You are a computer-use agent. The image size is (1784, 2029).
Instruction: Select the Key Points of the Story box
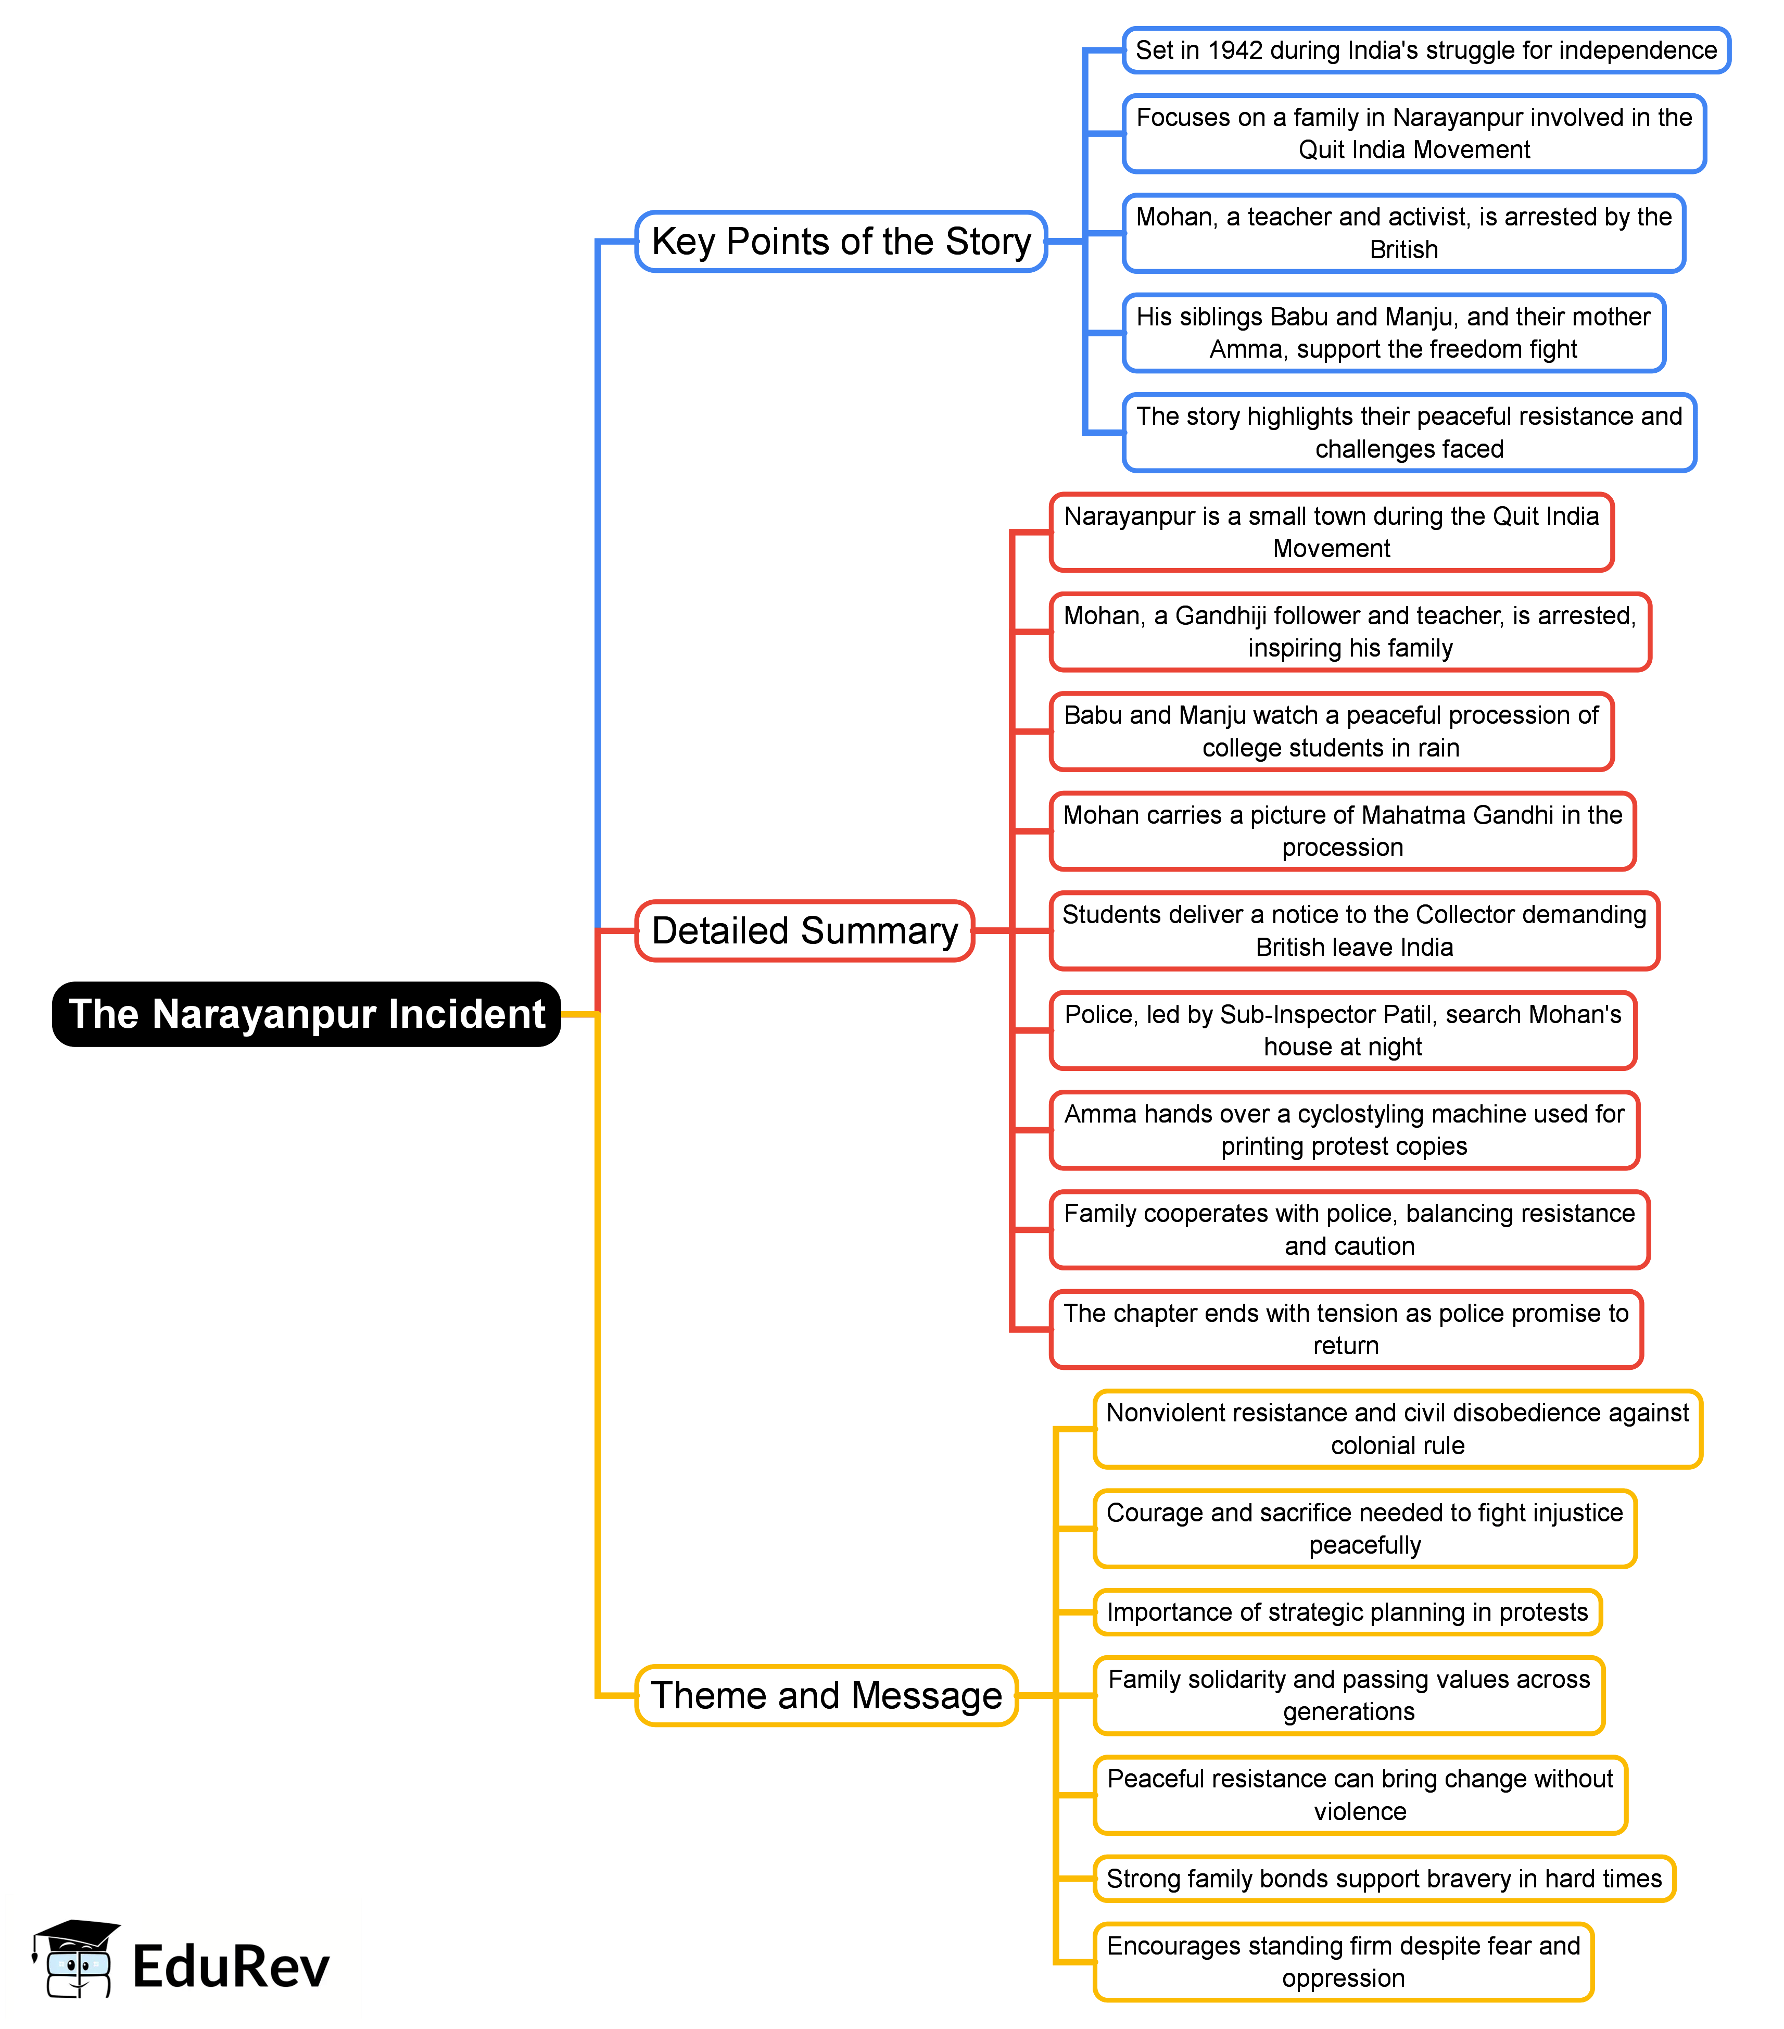pos(841,241)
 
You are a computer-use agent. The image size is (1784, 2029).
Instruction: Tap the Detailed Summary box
pos(804,931)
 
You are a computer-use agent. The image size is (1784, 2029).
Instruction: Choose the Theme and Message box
pos(826,1695)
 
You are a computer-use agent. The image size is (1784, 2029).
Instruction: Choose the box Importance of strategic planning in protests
pos(1347,1612)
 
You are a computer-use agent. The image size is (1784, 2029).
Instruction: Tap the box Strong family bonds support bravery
pos(1383,1879)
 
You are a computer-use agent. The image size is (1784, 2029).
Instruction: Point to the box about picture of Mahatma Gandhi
pos(1342,831)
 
